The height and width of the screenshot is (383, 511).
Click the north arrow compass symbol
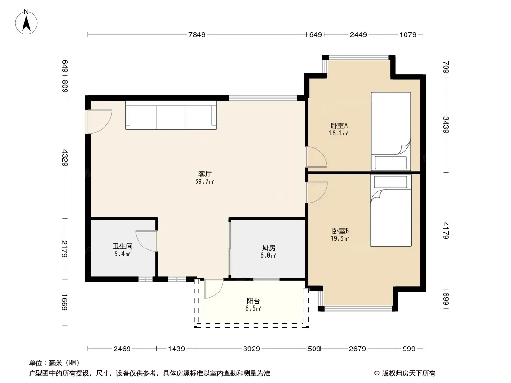26,22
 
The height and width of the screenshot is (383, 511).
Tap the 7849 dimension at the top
197,34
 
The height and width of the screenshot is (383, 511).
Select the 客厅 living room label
205,174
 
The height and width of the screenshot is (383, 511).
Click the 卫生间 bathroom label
123,247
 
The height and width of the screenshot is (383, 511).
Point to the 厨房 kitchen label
268,248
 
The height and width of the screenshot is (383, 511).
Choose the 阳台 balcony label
253,301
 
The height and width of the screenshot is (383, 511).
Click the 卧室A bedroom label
339,125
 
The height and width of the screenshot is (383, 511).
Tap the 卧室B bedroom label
340,231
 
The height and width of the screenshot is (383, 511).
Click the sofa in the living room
171,115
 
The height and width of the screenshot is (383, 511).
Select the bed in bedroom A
391,132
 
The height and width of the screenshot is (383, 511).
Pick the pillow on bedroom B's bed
391,182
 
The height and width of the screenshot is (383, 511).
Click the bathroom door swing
146,241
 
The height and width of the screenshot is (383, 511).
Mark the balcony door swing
213,289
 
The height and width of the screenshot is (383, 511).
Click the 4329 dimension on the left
65,158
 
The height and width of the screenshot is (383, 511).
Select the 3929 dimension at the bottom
252,349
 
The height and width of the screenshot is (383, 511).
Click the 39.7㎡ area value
205,181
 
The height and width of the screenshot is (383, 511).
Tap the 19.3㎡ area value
340,238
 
